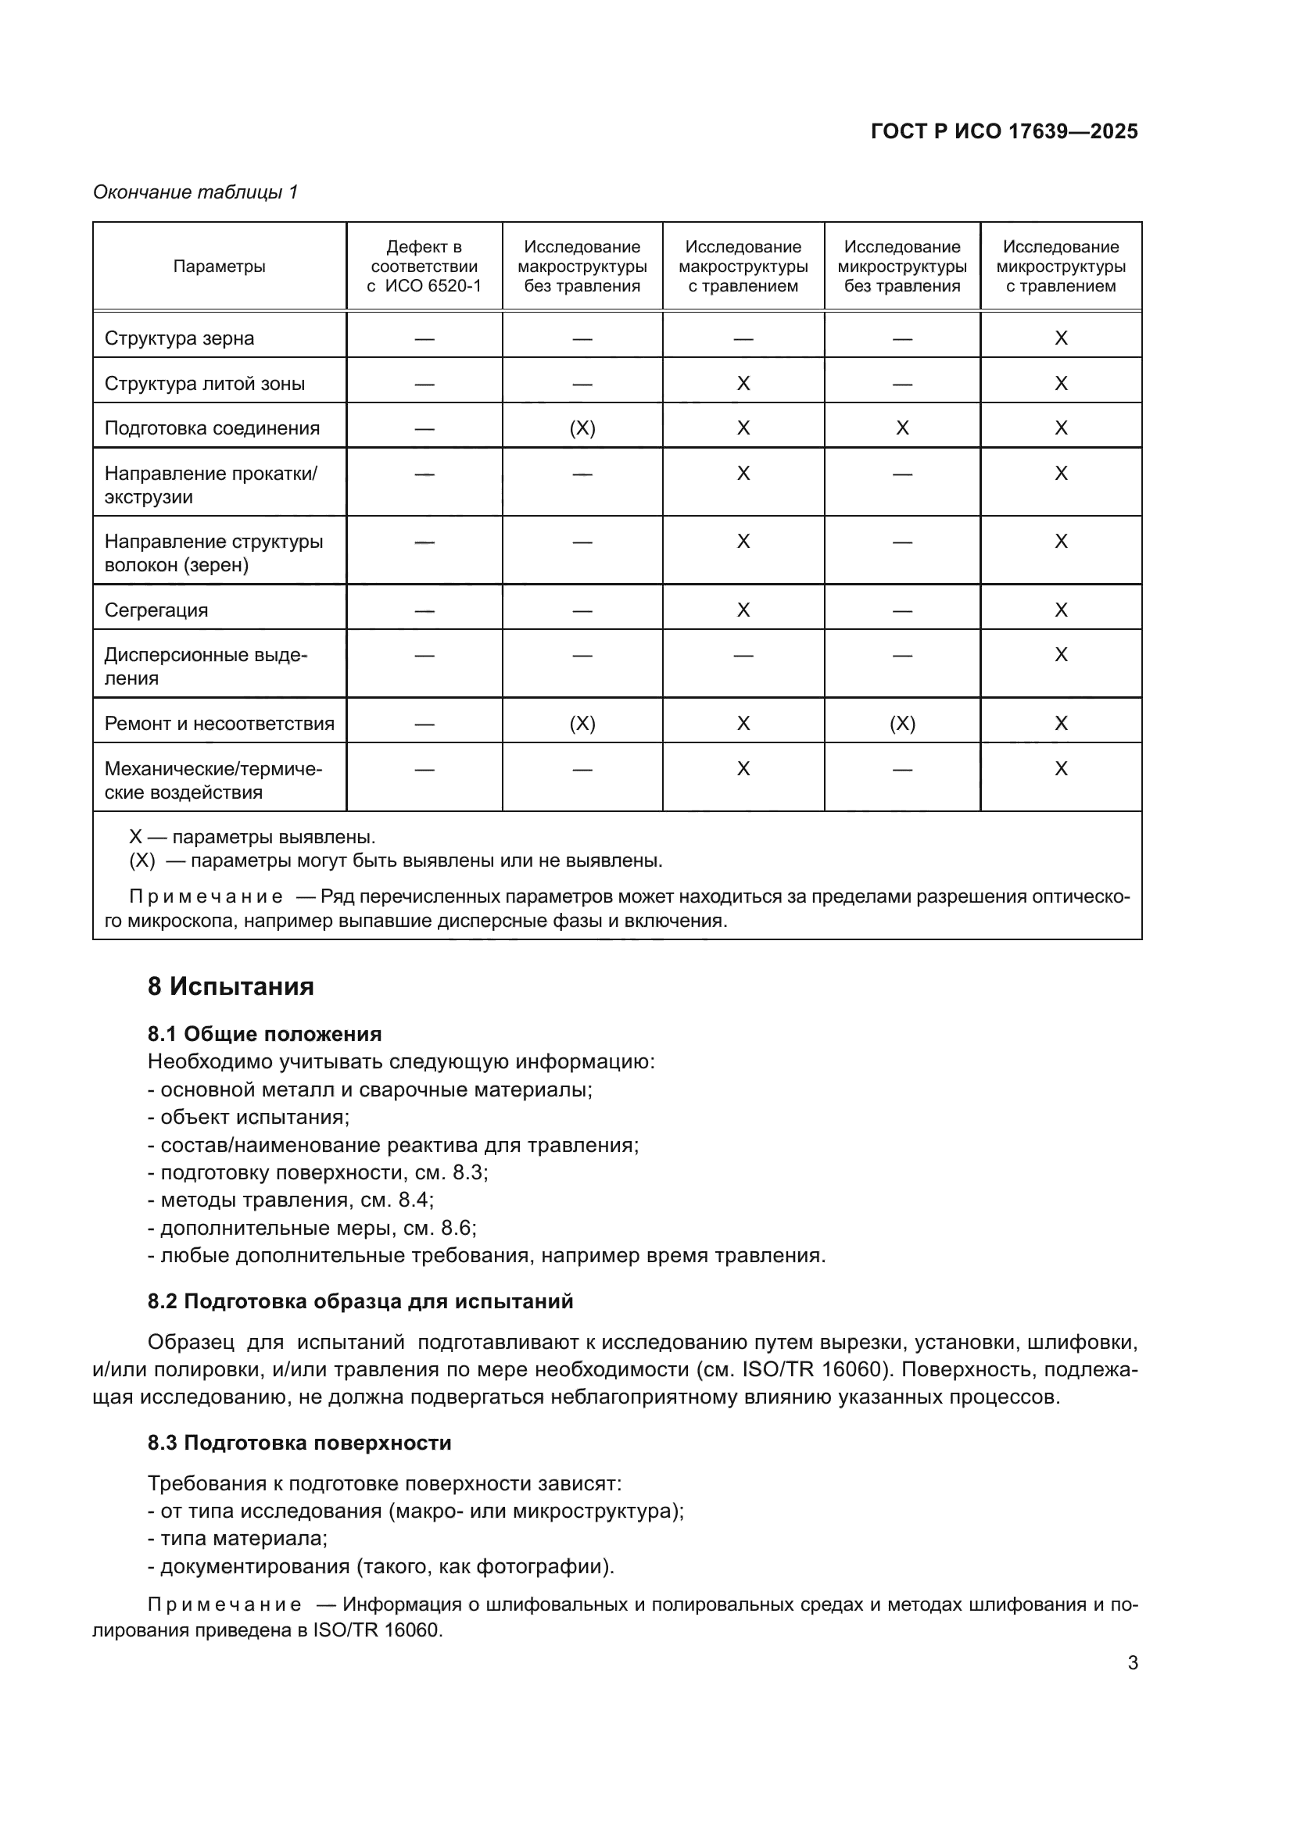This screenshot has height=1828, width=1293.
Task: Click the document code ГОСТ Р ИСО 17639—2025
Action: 1004,131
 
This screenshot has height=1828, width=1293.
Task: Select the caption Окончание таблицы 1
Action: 195,192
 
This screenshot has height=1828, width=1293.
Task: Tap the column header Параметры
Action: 219,267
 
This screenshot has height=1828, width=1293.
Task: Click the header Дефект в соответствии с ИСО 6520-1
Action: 424,267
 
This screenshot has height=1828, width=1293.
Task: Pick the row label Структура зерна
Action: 179,338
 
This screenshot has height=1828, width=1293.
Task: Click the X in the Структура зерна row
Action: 1061,338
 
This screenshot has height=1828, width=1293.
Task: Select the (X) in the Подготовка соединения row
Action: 582,428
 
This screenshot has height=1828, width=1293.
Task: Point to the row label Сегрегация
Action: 156,610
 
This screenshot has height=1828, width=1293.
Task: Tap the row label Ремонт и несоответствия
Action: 219,724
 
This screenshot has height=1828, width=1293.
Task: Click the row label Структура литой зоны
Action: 205,384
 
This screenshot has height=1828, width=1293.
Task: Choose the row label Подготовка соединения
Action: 212,428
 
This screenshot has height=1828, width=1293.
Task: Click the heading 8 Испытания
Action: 230,986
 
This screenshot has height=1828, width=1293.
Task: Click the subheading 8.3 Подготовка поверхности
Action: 299,1443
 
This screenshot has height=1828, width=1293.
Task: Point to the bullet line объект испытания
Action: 249,1117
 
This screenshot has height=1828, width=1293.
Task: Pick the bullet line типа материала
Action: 238,1539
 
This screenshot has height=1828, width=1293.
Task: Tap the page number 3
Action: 1132,1662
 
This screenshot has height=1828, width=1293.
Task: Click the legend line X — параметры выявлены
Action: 252,838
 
